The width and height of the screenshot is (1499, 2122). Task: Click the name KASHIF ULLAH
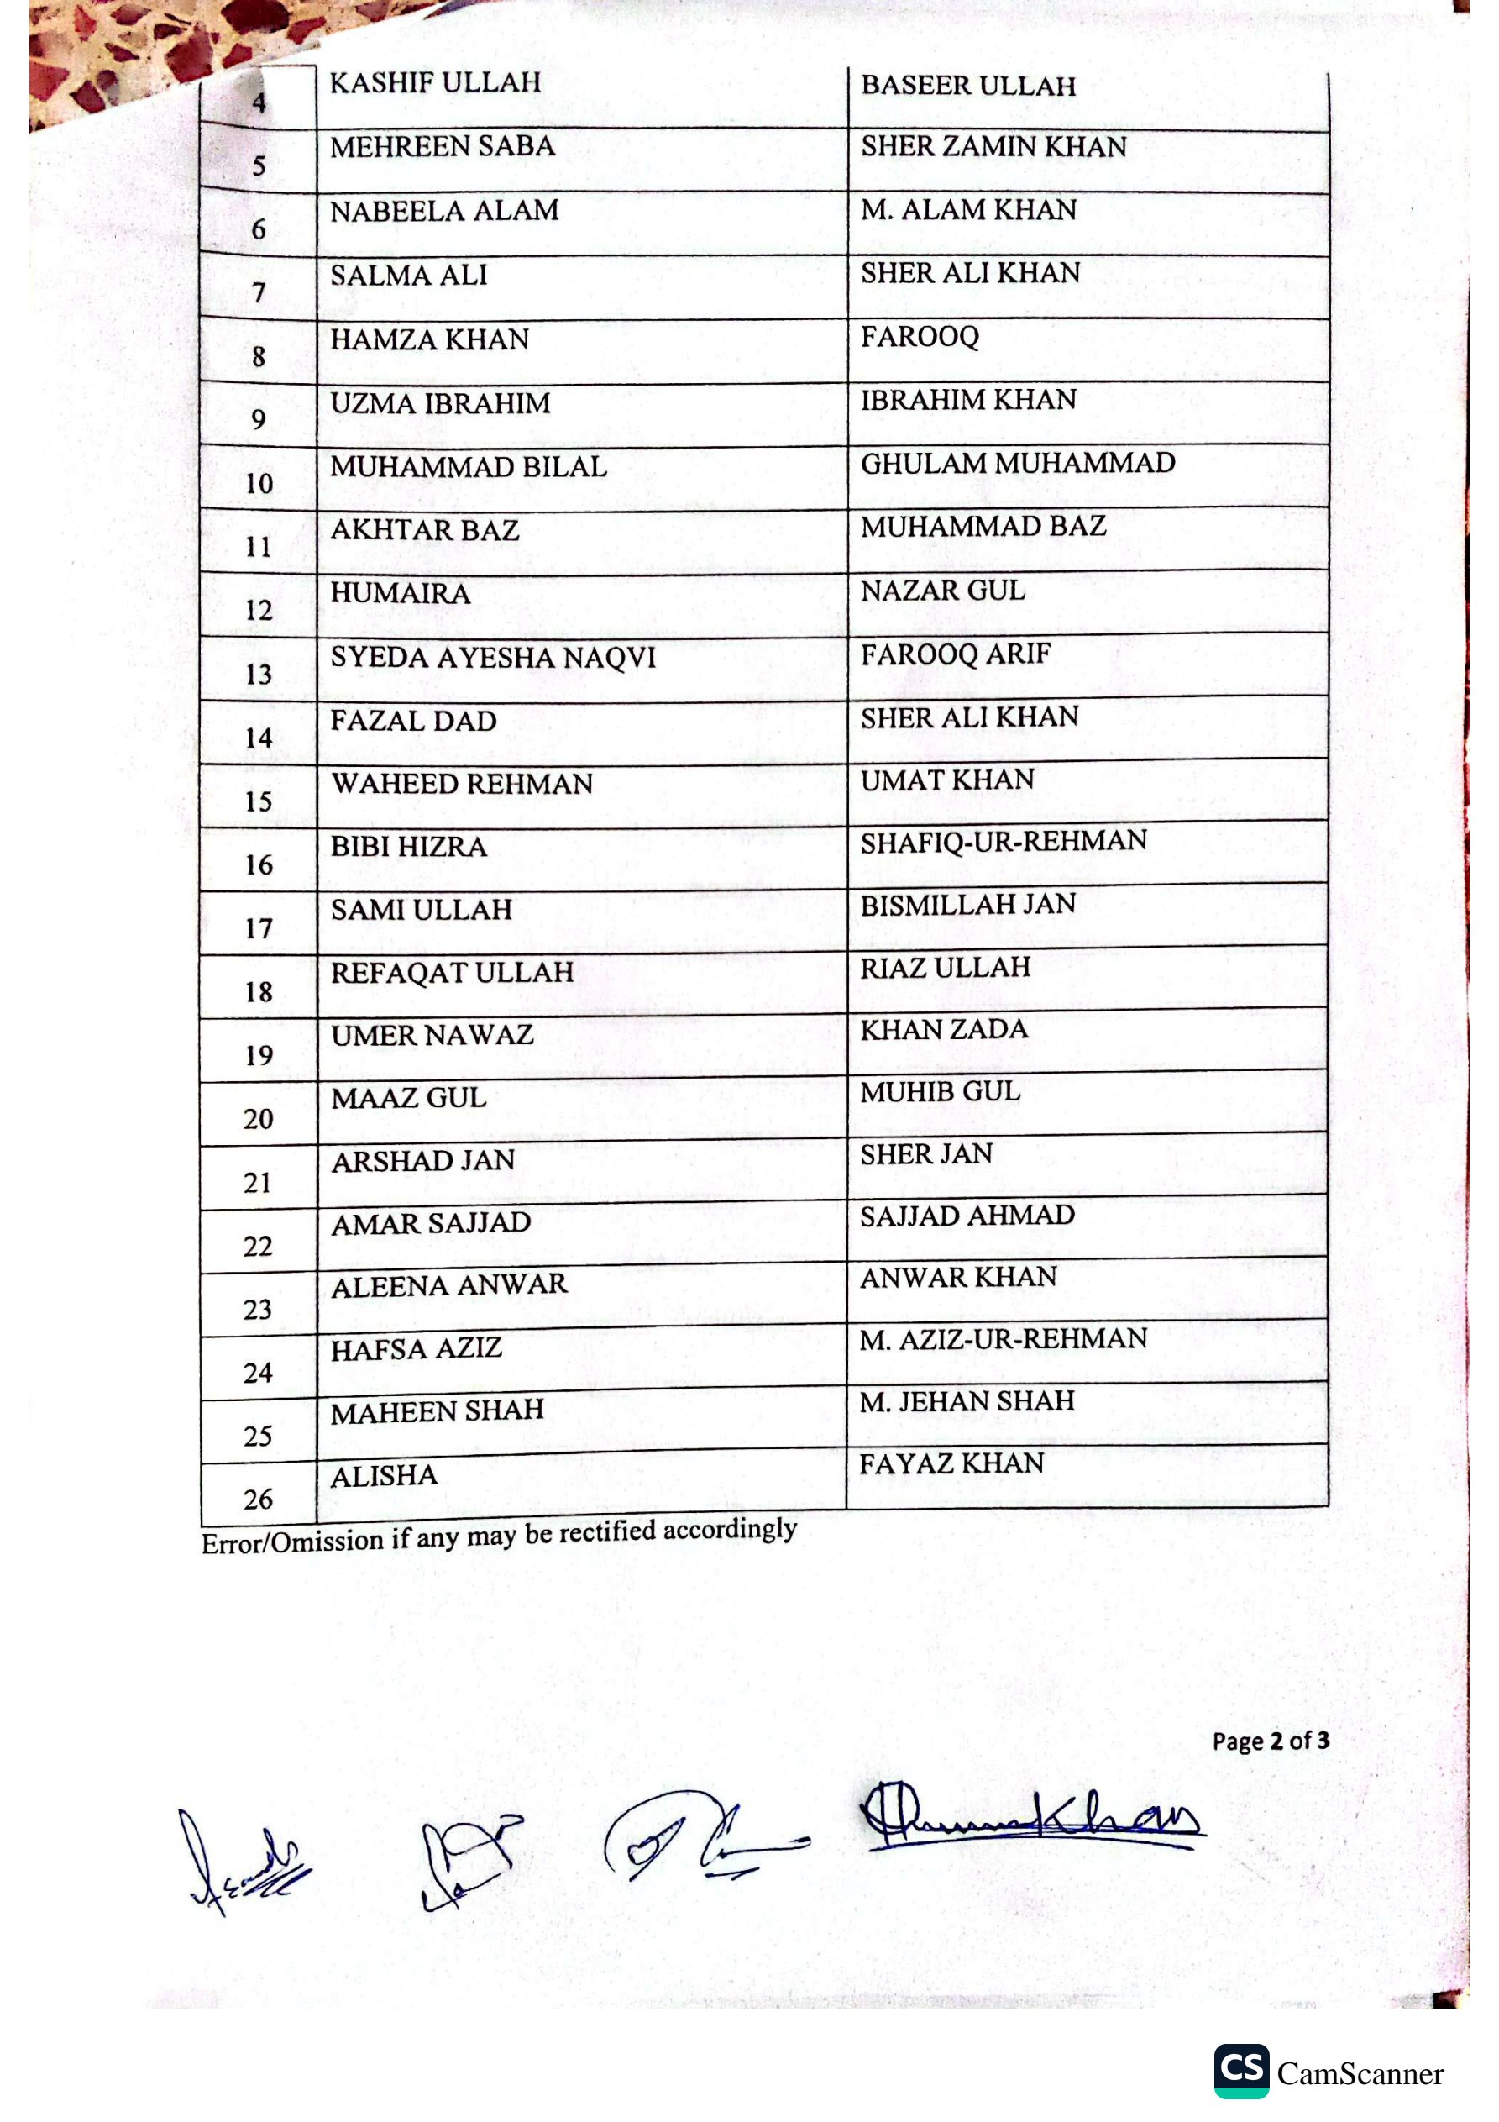435,83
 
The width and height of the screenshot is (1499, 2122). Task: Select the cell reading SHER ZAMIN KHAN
993,147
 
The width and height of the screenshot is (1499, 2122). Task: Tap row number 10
259,483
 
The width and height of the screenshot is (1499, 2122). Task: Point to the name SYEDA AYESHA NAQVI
493,658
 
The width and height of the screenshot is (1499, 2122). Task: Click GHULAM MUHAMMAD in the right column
1018,463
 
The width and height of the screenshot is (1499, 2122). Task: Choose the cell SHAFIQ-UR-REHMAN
1004,841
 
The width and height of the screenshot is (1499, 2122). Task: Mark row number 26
258,1499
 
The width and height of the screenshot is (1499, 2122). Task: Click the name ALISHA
385,1476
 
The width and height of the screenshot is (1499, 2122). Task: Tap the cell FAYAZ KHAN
952,1464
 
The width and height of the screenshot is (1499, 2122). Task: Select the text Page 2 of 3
1271,1741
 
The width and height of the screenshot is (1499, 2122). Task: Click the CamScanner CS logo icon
1241,2070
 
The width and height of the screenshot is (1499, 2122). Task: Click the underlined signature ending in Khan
1030,1819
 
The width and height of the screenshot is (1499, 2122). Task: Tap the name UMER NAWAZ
432,1035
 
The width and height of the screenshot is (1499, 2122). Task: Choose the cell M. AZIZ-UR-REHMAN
1003,1339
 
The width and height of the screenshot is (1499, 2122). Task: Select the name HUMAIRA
401,593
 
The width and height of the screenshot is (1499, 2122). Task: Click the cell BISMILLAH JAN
967,905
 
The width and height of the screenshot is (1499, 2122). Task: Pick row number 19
259,1055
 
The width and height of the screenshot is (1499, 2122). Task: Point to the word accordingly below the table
729,1530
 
